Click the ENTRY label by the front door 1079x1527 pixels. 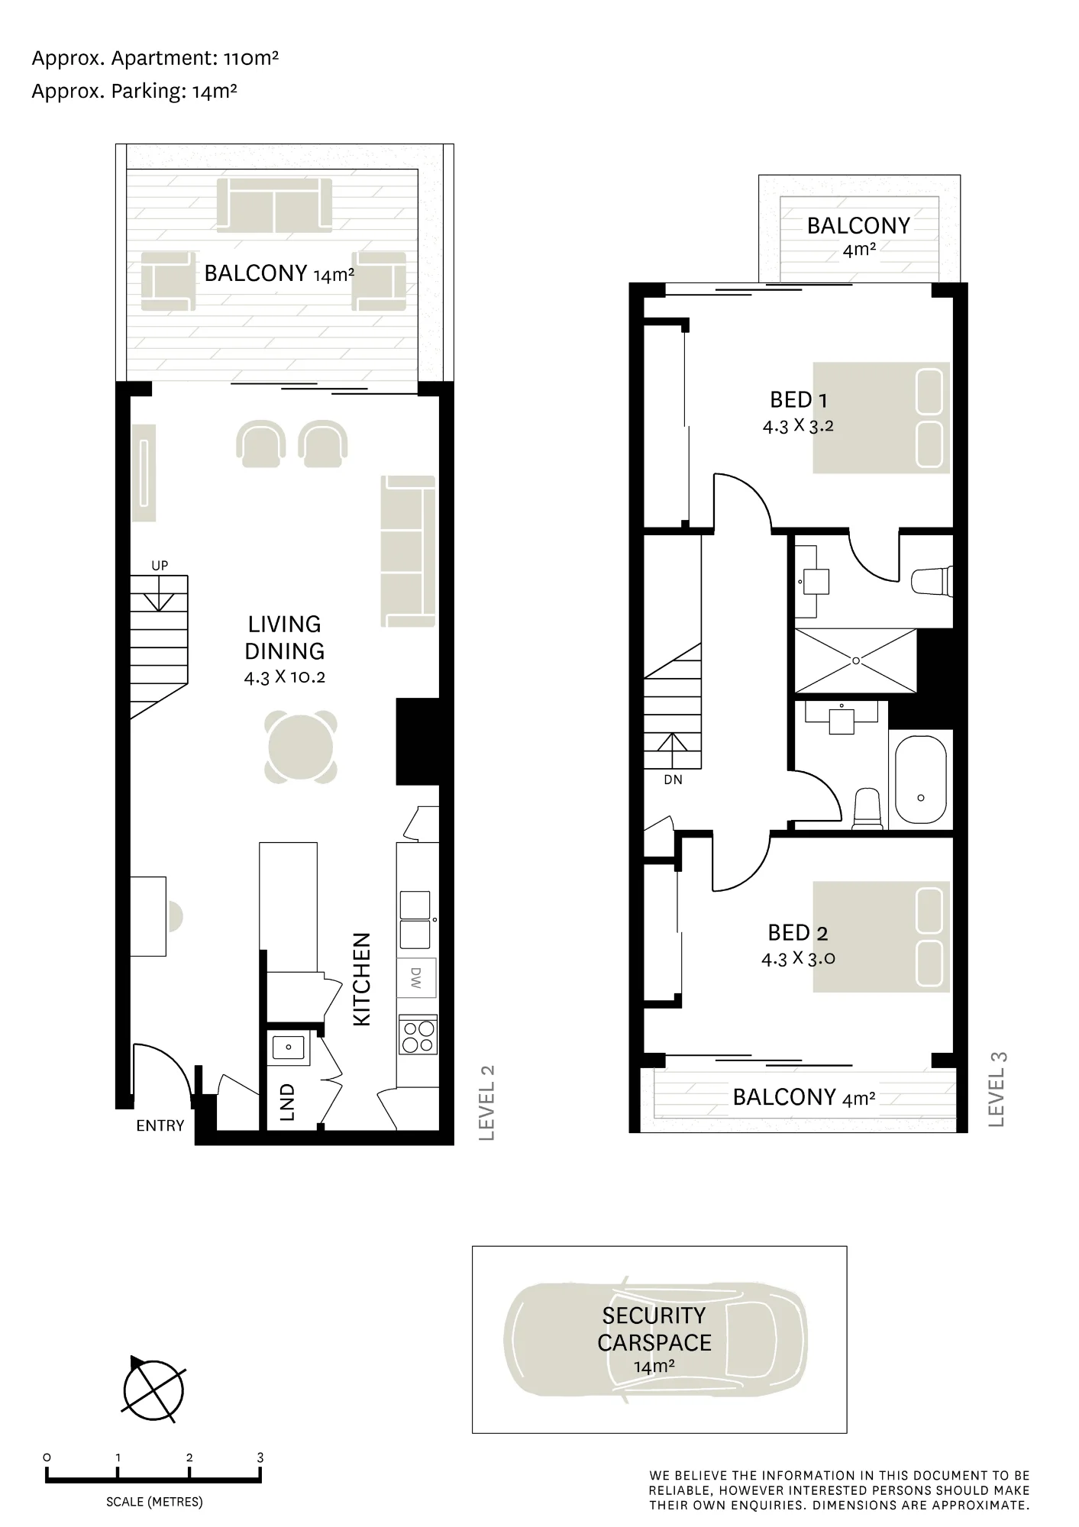[160, 1125]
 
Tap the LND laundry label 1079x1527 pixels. [287, 1102]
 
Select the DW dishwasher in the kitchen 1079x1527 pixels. [416, 978]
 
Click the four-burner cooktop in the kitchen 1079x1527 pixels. [418, 1036]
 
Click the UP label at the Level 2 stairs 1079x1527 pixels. [160, 566]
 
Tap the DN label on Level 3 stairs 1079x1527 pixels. [673, 780]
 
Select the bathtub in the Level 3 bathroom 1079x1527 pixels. [920, 780]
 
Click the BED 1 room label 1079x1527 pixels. [799, 400]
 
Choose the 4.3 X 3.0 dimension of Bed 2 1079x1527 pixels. [798, 959]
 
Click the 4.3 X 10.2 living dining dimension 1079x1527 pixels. [285, 677]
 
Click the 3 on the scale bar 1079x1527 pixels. [260, 1458]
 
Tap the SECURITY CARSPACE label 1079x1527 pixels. [654, 1329]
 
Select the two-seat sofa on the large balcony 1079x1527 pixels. [274, 204]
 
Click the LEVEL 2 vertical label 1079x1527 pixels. [487, 1103]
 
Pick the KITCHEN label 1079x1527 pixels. [361, 980]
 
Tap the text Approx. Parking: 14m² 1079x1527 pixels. [134, 92]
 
